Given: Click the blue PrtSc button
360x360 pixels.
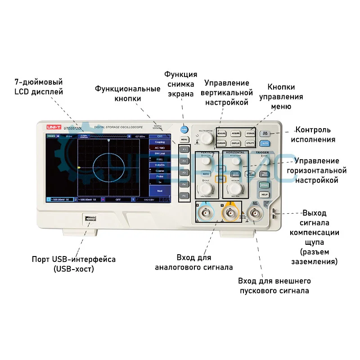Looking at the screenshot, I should (184, 129).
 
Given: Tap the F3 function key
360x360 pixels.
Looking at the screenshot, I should (184, 172).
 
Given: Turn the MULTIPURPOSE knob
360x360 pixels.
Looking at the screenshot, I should (206, 138).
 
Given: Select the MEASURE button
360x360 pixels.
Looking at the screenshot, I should (221, 134).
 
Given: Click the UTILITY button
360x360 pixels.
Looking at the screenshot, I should (251, 144).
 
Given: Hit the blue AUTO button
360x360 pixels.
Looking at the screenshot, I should (265, 143).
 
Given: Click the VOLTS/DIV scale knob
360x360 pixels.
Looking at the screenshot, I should (206, 188).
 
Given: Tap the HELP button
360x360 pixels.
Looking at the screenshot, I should (264, 194).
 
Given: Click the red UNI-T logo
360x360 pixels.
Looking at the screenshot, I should (53, 128).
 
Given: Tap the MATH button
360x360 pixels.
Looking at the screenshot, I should (206, 174).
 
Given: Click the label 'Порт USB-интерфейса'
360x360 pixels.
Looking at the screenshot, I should (73, 260).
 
